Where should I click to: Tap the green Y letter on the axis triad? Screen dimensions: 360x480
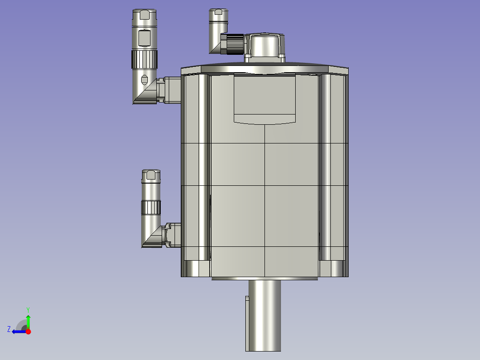tap(28, 309)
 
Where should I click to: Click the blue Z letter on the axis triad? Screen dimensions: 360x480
tap(9, 329)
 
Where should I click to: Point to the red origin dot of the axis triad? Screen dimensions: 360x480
tap(28, 331)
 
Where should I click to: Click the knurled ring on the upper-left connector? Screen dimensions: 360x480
tap(144, 58)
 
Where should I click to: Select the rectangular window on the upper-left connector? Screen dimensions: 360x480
tap(144, 38)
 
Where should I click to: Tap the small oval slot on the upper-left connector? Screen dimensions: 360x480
tap(144, 80)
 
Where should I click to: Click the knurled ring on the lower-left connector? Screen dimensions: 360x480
tap(151, 207)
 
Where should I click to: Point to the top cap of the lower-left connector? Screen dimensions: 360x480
tap(151, 176)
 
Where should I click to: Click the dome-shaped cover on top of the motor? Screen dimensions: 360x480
tap(265, 45)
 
